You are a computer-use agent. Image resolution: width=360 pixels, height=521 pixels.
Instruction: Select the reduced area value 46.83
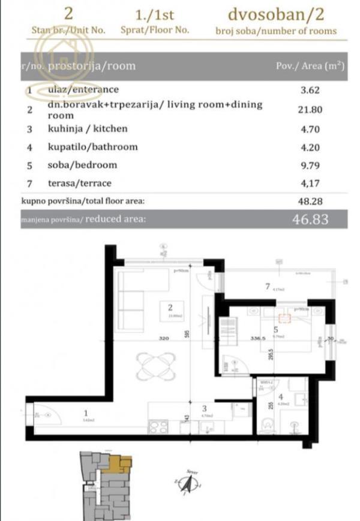[x=310, y=219]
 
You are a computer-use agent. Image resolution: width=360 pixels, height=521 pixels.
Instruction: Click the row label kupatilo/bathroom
[x=92, y=147]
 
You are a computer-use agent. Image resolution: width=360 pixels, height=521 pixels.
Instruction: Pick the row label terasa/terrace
[x=87, y=183]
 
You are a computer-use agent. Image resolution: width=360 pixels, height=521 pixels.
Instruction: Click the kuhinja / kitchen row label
[x=88, y=129]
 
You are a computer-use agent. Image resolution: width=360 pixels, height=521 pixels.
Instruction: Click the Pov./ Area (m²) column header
[x=309, y=66]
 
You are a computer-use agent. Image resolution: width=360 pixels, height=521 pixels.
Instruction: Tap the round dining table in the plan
[x=155, y=363]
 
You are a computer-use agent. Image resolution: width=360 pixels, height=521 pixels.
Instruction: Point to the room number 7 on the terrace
[x=268, y=287]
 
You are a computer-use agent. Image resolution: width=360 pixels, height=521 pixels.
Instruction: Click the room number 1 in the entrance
[x=85, y=412]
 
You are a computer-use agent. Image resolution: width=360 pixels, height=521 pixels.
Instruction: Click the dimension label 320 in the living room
[x=163, y=338]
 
